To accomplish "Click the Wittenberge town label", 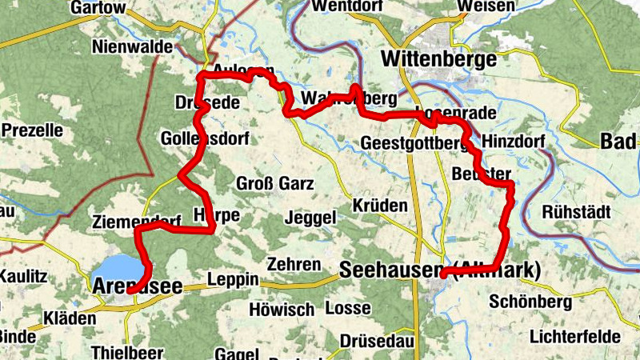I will point(439,59).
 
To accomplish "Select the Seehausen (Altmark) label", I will point(440,271).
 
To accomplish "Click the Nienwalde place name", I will point(133,47).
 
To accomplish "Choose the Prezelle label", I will point(33,129).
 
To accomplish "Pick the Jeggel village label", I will point(310,218).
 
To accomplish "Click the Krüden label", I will point(380,206).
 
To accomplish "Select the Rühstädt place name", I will point(576,213).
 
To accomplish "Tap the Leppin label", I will point(232,279).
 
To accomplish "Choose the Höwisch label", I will point(282,308).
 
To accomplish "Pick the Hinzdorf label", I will point(514,142).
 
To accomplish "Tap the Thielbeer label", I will point(128,352).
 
